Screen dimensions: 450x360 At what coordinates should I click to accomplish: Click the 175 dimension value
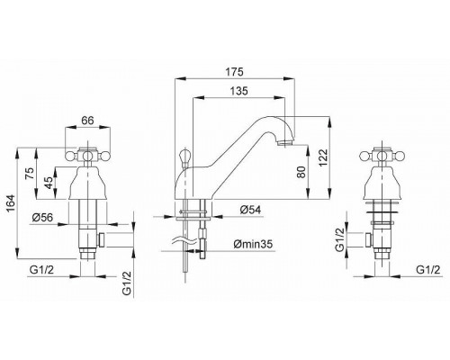tap(234, 72)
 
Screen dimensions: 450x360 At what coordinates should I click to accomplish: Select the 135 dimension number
tap(238, 91)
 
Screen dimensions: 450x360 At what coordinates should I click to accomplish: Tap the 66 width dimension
tap(87, 121)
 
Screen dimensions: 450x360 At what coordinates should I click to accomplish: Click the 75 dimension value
tap(30, 174)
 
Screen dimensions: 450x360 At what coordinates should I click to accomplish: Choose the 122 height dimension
tap(323, 157)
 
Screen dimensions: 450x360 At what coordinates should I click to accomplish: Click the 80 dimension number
tap(301, 172)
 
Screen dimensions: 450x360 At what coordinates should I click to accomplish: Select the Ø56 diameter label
tap(42, 217)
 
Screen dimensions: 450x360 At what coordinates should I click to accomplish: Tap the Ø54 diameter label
tap(250, 210)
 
